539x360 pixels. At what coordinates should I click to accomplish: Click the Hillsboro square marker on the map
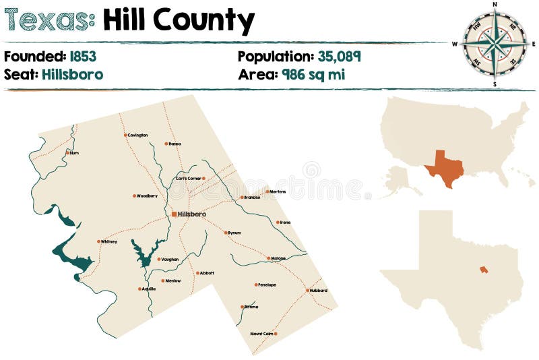(174, 214)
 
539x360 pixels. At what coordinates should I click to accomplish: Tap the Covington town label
(137, 135)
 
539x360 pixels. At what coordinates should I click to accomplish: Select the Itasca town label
(175, 144)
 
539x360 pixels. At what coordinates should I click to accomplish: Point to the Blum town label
(74, 153)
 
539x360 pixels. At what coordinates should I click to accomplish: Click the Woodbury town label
(147, 196)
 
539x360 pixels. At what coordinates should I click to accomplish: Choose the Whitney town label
(109, 241)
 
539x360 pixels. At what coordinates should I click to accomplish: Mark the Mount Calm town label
(261, 334)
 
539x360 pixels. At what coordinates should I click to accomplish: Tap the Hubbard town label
(319, 291)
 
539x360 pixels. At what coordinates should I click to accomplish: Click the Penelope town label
(267, 284)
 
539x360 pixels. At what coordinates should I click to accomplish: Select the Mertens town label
(278, 191)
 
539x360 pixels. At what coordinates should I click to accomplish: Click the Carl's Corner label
(188, 179)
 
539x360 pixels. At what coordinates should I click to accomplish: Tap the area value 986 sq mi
(313, 74)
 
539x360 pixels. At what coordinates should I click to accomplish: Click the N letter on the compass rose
(495, 4)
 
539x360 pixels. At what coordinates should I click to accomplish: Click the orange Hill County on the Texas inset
(483, 270)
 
